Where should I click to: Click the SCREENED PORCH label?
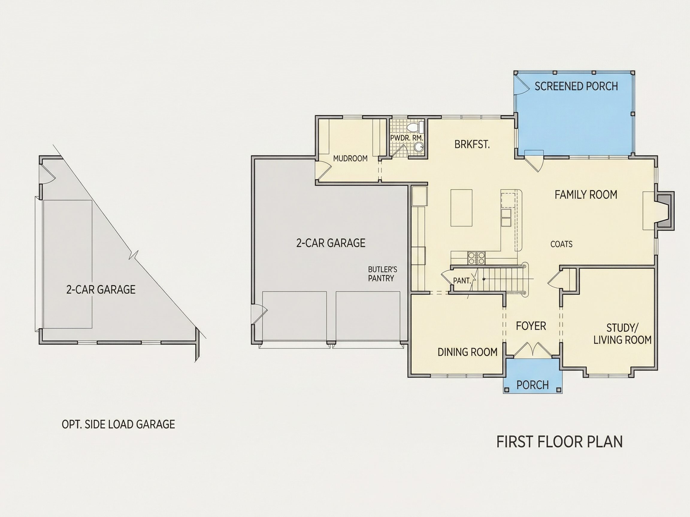[x=576, y=86]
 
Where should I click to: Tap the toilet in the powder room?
[x=415, y=127]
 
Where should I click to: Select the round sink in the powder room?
[x=419, y=148]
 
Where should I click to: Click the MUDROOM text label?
[x=350, y=159]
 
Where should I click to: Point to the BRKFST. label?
[x=472, y=145]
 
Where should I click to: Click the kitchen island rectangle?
[x=461, y=208]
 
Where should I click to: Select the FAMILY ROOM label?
[x=586, y=195]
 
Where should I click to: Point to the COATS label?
[x=562, y=244]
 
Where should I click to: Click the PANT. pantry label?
[x=462, y=281]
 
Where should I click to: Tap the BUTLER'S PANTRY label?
[x=382, y=274]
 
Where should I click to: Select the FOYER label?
[x=531, y=326]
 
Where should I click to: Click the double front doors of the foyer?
[x=532, y=350]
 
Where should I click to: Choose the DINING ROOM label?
[x=467, y=352]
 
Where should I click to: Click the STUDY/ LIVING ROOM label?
[x=622, y=334]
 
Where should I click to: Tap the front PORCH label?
[x=532, y=385]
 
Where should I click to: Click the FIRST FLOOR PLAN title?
[x=559, y=442]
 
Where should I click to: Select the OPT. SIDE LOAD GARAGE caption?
[x=119, y=425]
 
